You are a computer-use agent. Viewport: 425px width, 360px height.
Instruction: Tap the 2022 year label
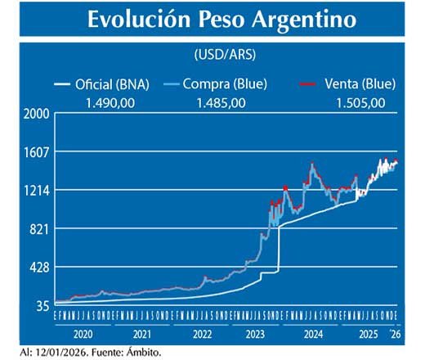pos(202,334)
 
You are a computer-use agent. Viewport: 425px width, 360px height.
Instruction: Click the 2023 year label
pos(257,334)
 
